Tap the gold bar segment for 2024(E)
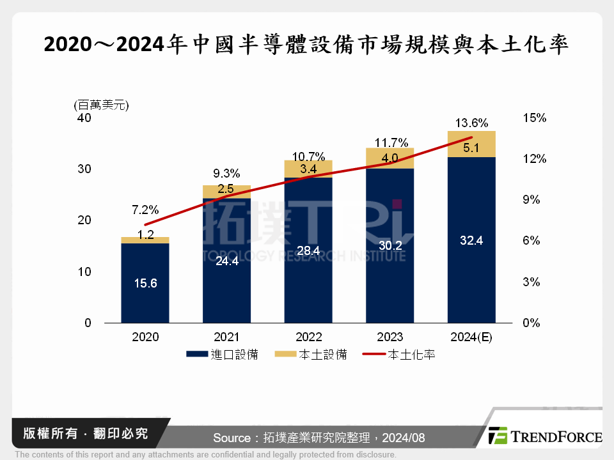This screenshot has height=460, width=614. (471, 144)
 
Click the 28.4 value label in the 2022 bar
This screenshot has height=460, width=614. (308, 250)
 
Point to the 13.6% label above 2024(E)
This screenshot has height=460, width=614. (471, 123)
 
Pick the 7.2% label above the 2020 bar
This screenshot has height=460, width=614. (145, 210)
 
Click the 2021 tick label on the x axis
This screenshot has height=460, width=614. (226, 337)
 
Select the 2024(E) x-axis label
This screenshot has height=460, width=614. (471, 337)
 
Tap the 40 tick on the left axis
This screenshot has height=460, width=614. (84, 118)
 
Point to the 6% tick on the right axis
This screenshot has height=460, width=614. (531, 241)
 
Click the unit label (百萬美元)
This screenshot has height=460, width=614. (101, 105)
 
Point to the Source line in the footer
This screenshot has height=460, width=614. (319, 438)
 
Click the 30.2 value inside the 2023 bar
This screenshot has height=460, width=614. (390, 245)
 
